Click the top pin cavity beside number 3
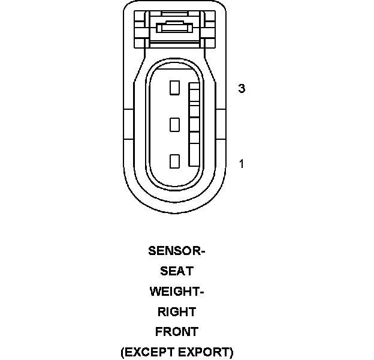tap(175, 88)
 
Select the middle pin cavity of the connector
tap(175, 125)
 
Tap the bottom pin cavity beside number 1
tap(175, 161)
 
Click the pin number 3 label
tap(242, 89)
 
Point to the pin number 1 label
tap(242, 163)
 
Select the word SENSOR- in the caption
tap(177, 251)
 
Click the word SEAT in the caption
tap(177, 271)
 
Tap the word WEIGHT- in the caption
tap(177, 292)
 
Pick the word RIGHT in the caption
tap(177, 311)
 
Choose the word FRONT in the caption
tap(177, 331)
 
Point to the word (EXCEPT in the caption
tap(146, 352)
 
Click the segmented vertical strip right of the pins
tap(194, 125)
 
